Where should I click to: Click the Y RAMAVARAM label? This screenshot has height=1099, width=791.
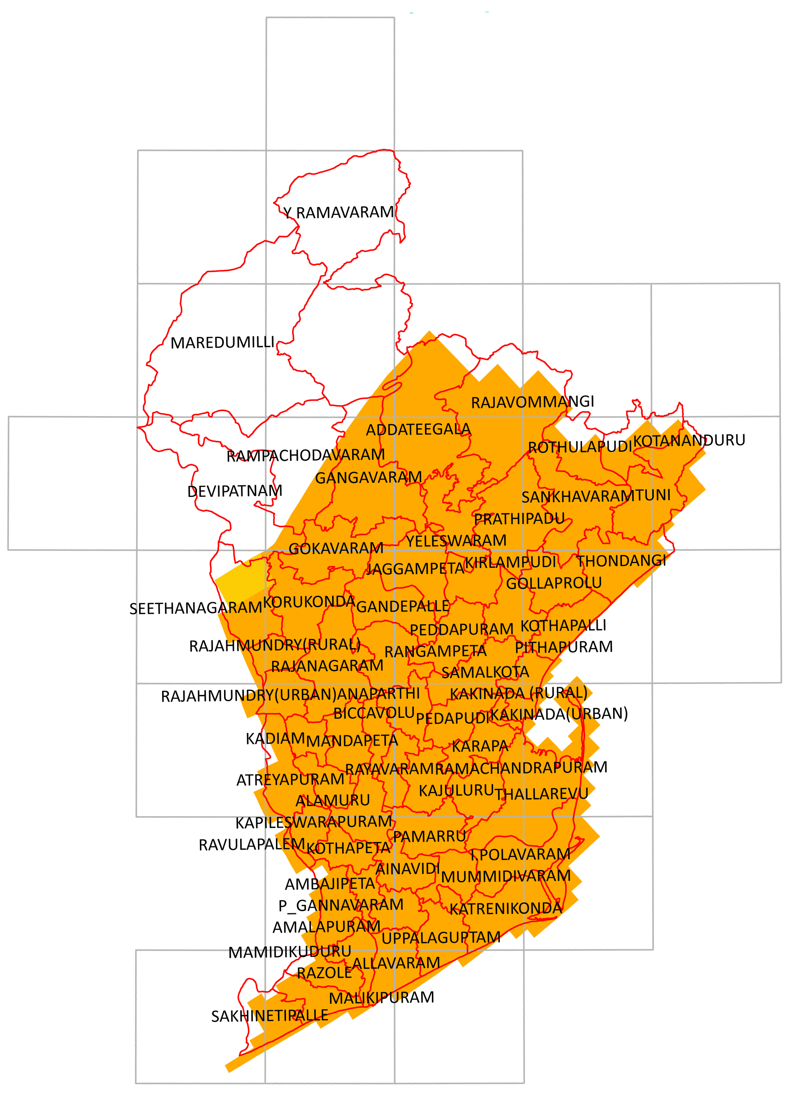[x=339, y=212]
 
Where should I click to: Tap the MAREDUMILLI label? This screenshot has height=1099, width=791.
[x=223, y=343]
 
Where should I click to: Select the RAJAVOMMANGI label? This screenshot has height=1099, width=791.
[x=532, y=402]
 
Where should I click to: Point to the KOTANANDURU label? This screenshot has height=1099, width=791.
[x=689, y=441]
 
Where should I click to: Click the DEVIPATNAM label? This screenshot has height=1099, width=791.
[x=235, y=491]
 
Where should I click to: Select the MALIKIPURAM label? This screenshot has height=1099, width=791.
[x=382, y=998]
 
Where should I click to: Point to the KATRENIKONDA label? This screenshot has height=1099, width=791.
[x=506, y=909]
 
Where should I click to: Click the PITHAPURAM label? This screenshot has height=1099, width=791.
[x=564, y=647]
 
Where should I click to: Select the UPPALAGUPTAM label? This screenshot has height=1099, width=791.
[x=441, y=938]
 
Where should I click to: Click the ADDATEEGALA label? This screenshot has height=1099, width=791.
[x=418, y=429]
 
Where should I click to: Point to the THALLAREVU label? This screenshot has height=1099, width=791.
[x=541, y=794]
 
